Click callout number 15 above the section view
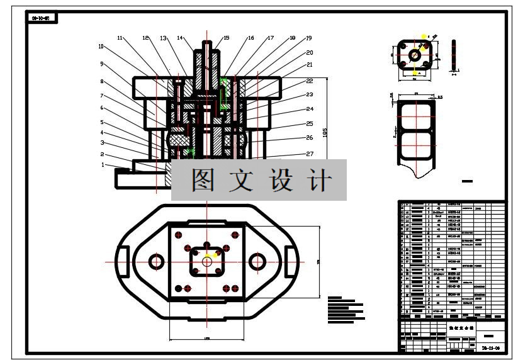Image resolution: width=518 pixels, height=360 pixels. (227, 38)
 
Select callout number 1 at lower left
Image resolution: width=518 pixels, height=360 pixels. (103, 165)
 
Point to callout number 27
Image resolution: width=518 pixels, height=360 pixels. (309, 154)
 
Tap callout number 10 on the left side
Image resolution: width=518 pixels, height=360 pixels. (101, 47)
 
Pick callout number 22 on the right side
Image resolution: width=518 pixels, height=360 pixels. (309, 81)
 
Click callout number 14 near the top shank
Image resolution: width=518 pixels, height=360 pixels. (180, 38)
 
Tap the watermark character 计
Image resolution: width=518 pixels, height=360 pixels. (320, 181)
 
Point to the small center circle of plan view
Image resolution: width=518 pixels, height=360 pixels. (206, 261)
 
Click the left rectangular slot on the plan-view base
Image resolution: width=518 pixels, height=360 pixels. (124, 261)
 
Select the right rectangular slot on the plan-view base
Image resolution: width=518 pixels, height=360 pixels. (290, 261)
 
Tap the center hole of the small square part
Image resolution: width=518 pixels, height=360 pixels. (415, 55)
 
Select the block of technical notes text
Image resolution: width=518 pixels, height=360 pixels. (346, 306)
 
